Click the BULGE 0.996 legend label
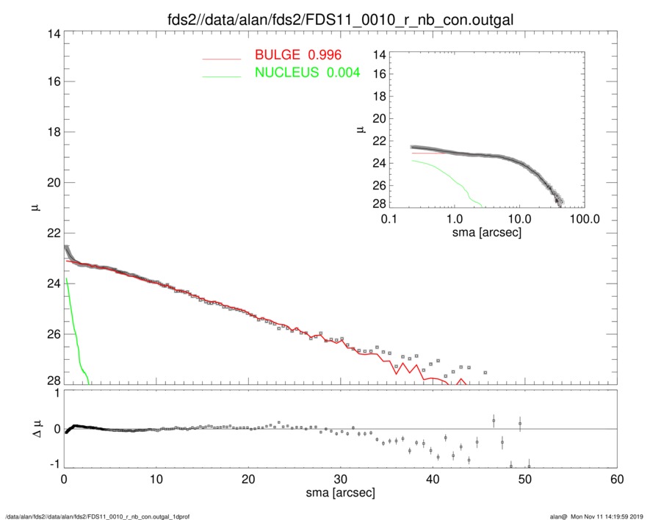(298, 55)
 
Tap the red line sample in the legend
(222, 57)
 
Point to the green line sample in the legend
(222, 75)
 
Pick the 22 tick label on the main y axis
(52, 234)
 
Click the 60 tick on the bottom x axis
(617, 480)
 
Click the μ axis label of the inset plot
(361, 129)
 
